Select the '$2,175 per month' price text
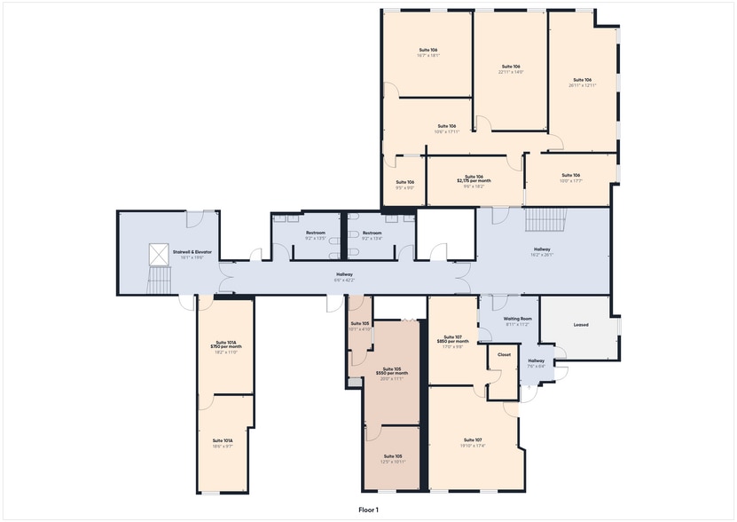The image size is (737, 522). click(x=474, y=181)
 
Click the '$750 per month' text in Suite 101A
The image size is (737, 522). click(x=226, y=347)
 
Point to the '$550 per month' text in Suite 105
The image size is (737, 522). click(x=391, y=374)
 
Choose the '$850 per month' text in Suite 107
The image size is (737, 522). click(x=453, y=342)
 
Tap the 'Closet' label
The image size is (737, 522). click(x=504, y=354)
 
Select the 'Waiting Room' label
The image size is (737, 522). click(x=517, y=319)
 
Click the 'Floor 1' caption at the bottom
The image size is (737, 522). click(x=367, y=510)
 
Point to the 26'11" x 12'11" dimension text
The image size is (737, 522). click(x=582, y=86)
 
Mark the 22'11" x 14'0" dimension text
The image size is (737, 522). click(x=510, y=72)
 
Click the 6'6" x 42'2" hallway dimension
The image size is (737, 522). click(x=344, y=281)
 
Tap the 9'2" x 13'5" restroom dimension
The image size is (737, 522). click(x=315, y=238)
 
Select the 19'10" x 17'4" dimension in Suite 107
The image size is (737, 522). click(x=472, y=446)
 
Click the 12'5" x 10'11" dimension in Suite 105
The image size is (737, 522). click(x=393, y=462)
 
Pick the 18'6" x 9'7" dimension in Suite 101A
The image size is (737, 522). click(x=223, y=447)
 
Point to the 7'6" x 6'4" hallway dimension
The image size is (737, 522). click(x=537, y=365)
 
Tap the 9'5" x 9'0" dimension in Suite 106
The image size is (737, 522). click(x=405, y=187)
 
